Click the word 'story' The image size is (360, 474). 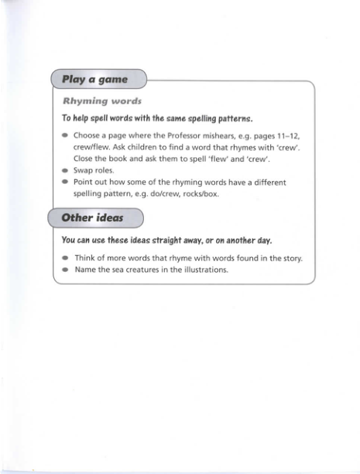tap(290, 258)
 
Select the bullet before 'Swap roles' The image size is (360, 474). tap(65, 170)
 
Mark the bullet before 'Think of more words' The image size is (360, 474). tap(65, 258)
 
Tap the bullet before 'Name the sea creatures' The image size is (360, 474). tap(65, 270)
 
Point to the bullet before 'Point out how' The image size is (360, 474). tap(65, 182)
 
